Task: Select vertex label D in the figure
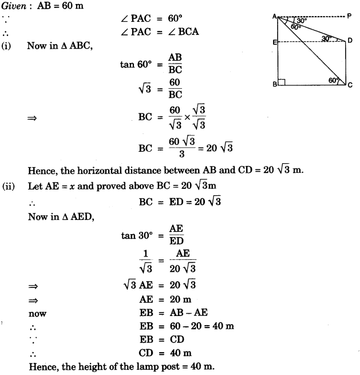pyautogui.click(x=350, y=40)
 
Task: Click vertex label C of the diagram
pyautogui.click(x=350, y=85)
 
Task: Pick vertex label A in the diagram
pyautogui.click(x=274, y=17)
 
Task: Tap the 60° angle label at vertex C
pyautogui.click(x=334, y=81)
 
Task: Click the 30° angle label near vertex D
pyautogui.click(x=326, y=38)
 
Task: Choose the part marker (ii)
pyautogui.click(x=9, y=185)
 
